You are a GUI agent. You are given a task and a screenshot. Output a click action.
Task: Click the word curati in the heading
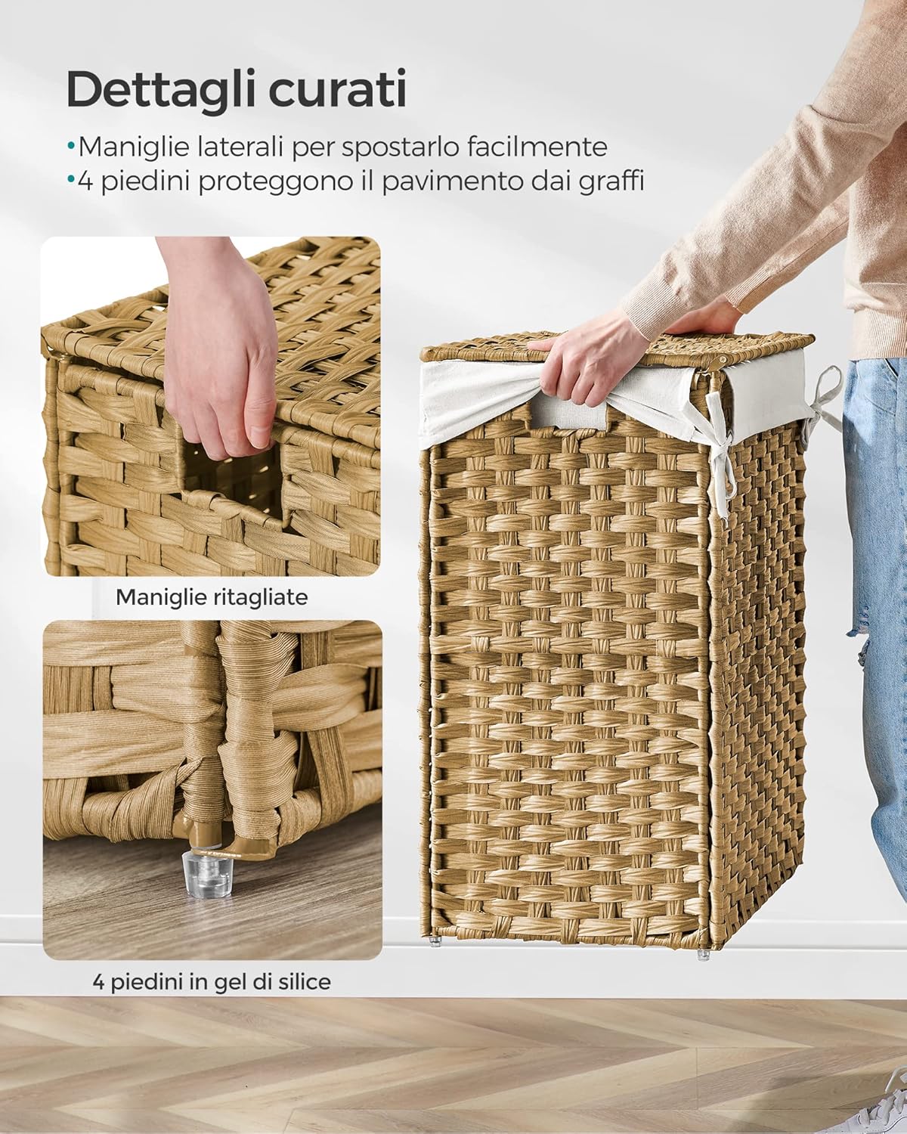[x=345, y=90]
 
